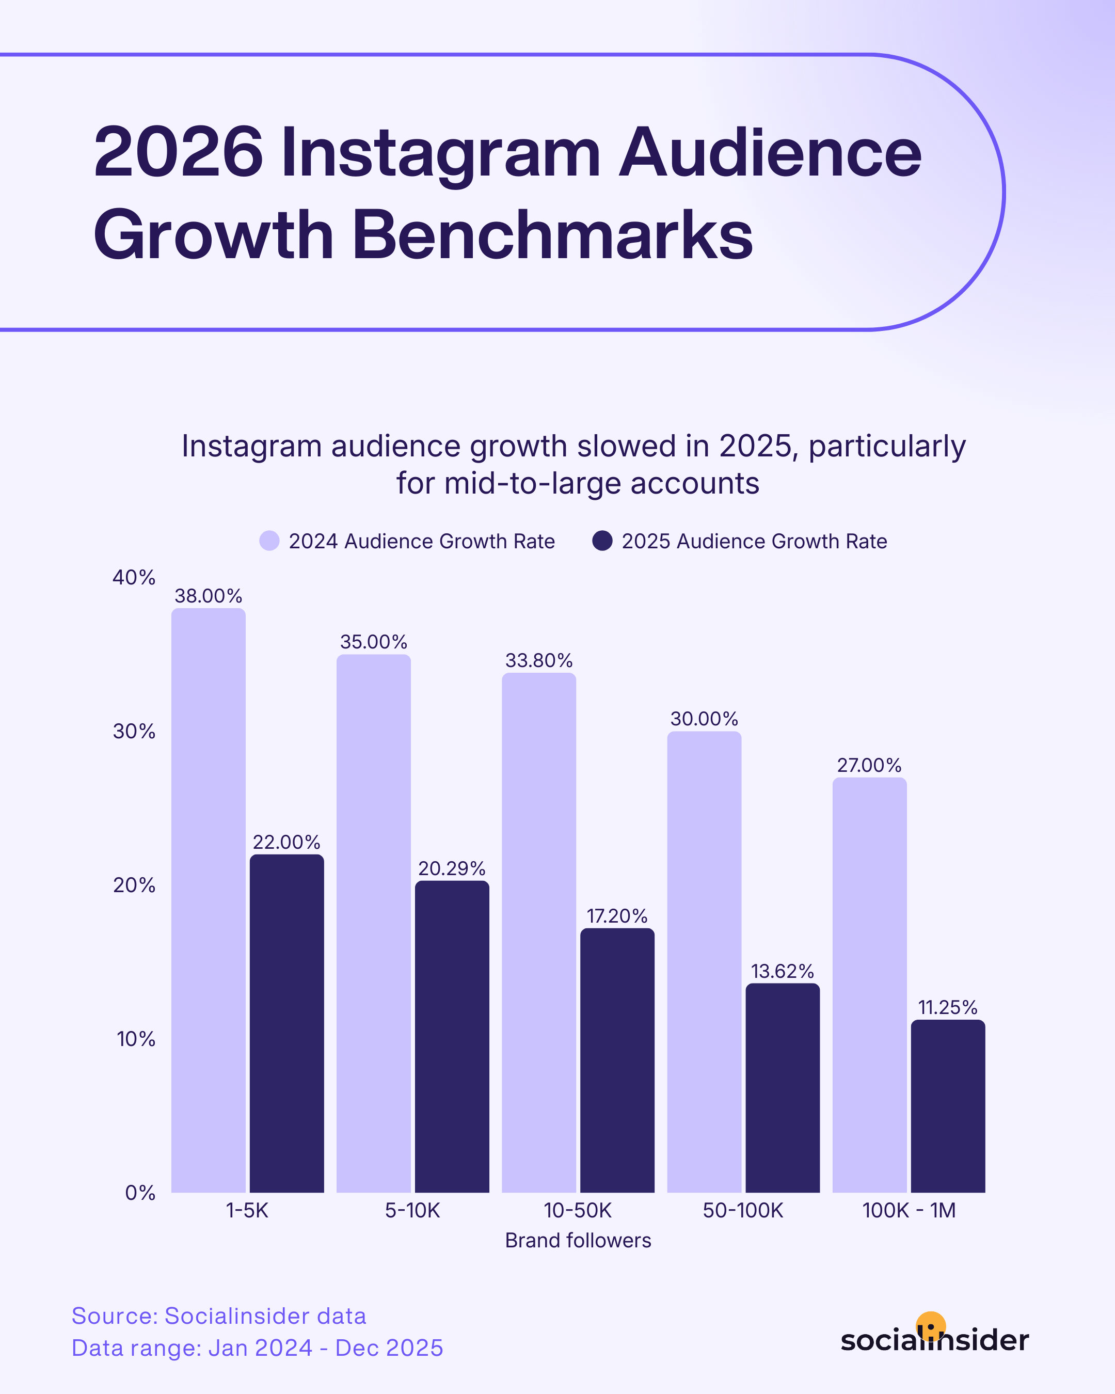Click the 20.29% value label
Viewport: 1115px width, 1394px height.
coord(451,868)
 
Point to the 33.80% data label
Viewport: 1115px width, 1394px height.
coord(538,661)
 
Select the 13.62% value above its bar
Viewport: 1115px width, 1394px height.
coord(782,971)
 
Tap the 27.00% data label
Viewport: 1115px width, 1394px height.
coord(869,766)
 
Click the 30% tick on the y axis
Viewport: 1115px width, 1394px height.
coord(134,731)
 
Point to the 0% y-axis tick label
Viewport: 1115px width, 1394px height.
coord(139,1193)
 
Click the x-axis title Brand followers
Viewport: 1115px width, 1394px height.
coord(578,1240)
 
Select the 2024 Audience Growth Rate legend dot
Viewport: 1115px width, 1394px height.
coord(269,541)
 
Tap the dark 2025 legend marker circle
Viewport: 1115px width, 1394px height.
coord(602,541)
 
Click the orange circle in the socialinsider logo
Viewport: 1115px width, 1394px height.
coord(931,1325)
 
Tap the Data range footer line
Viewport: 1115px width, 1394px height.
coord(257,1348)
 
